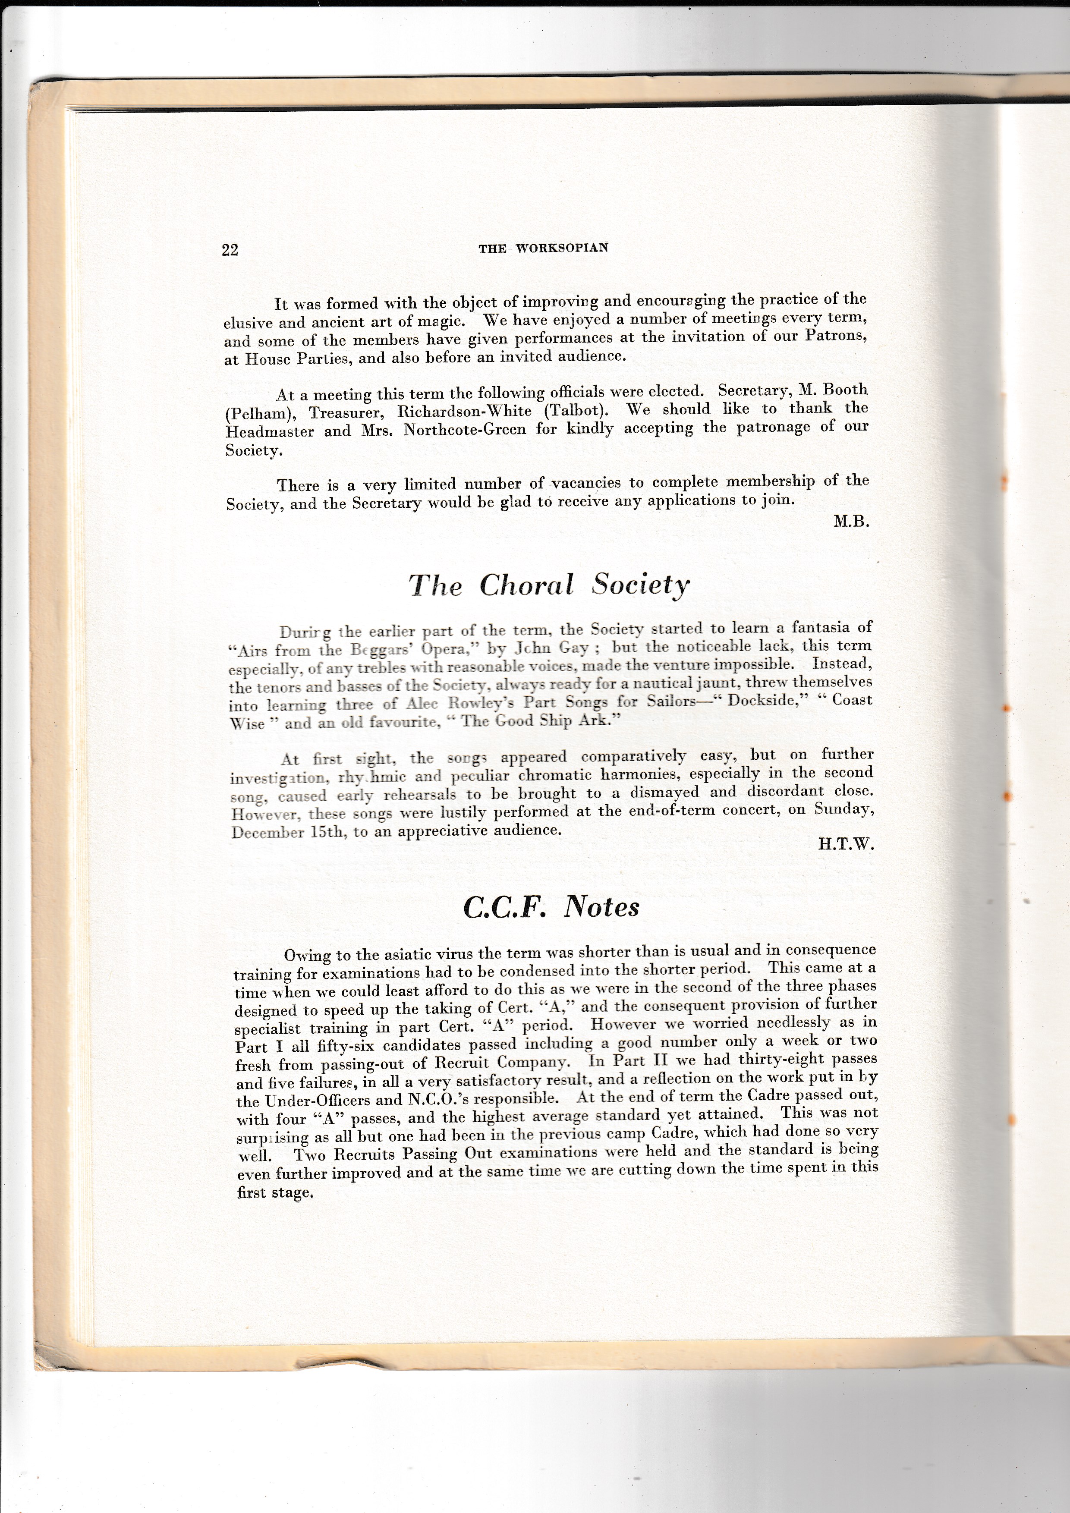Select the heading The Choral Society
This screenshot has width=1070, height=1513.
click(x=549, y=585)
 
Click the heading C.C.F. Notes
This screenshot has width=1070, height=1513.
click(x=551, y=907)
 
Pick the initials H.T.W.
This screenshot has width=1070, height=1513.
click(x=846, y=844)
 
